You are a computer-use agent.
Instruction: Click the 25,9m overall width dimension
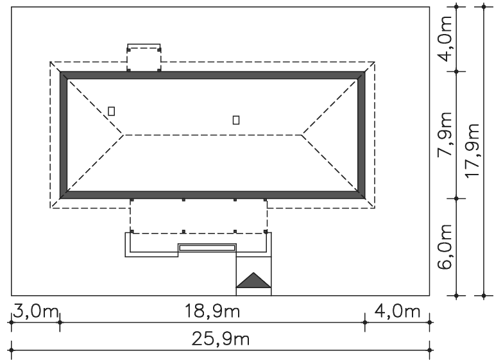pos(221,339)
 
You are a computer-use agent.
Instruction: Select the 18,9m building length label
pos(212,311)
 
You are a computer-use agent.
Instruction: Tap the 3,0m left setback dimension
pos(35,311)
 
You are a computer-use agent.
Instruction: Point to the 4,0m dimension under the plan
pos(397,311)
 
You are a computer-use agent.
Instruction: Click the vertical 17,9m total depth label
pos(472,151)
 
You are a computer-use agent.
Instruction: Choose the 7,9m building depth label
pos(445,134)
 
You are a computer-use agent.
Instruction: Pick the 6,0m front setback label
pos(445,247)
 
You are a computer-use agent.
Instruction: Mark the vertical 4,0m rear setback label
pos(445,39)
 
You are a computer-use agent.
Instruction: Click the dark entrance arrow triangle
pos(253,280)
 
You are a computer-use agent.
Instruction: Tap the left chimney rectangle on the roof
pos(111,111)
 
